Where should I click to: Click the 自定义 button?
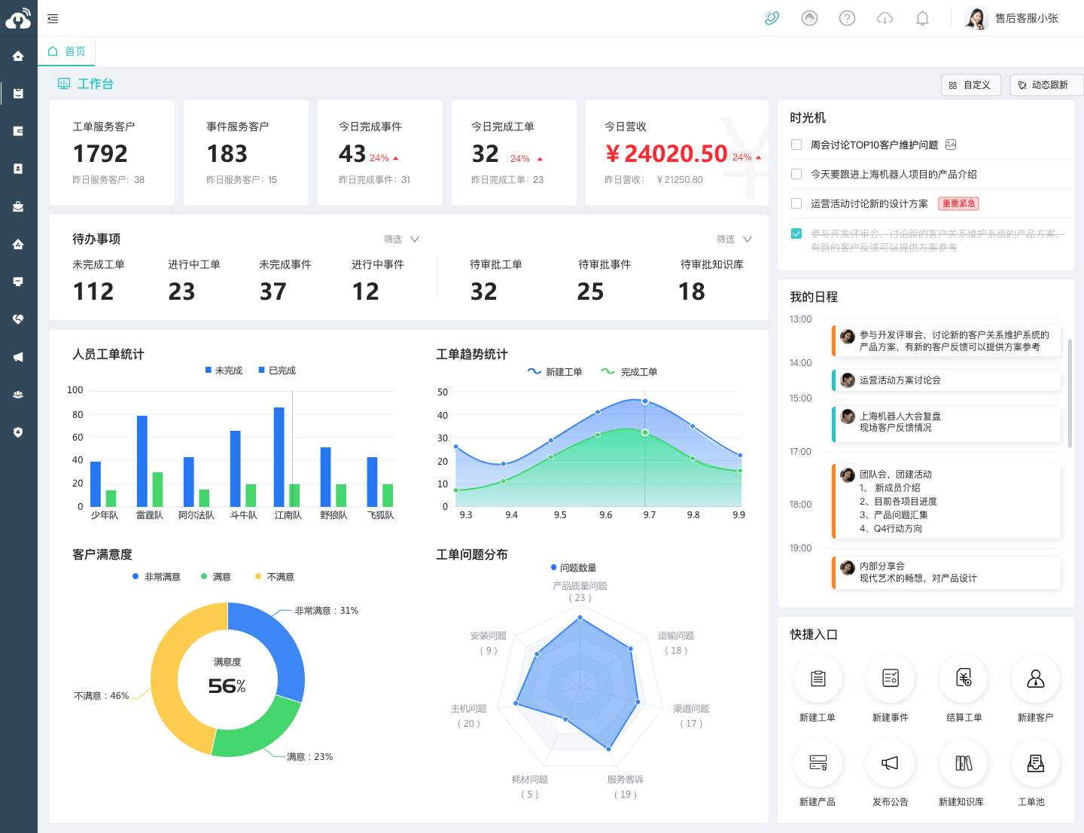[970, 85]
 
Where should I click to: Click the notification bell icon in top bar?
[922, 18]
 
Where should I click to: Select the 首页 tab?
[67, 51]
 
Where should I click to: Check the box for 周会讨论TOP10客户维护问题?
[796, 145]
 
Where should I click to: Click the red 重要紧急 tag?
[958, 203]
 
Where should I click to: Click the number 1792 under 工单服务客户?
[100, 154]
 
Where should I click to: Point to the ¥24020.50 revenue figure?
[666, 154]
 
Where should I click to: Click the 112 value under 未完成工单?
[93, 291]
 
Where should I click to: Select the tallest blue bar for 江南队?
[279, 456]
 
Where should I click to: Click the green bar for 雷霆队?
[157, 489]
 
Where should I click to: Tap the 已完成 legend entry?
[277, 371]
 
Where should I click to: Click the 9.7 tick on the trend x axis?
[649, 515]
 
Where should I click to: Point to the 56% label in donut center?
[227, 686]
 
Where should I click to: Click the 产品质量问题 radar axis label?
[580, 586]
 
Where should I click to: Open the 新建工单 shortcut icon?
[818, 679]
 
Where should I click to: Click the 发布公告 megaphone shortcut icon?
[890, 763]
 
